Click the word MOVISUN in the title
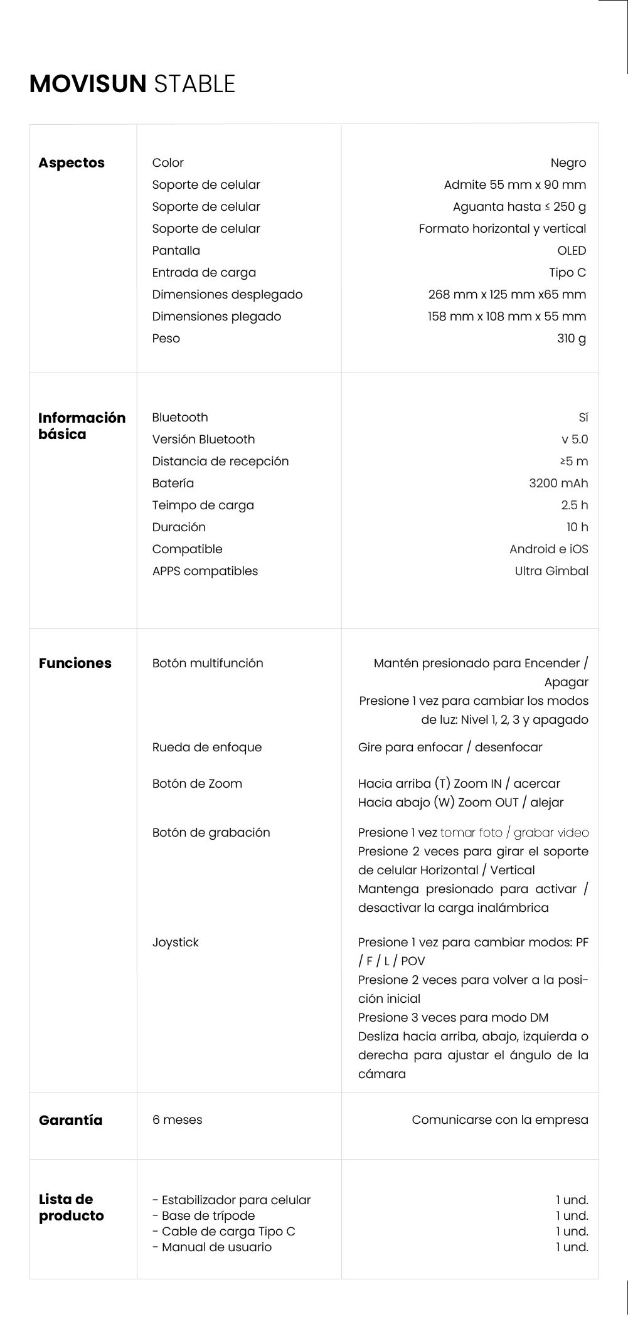(x=88, y=84)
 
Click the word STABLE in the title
(x=194, y=84)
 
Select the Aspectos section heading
(x=72, y=163)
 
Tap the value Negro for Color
(x=568, y=163)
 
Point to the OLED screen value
(x=572, y=251)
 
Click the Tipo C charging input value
(x=567, y=273)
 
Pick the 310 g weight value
(x=571, y=339)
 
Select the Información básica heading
(x=82, y=426)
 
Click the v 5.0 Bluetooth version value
(x=575, y=440)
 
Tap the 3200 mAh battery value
(x=558, y=484)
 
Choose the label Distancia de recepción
(x=220, y=462)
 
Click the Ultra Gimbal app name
(x=551, y=571)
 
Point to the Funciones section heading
(x=75, y=664)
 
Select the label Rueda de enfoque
(x=207, y=748)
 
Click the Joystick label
(x=175, y=943)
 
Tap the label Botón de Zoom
(x=197, y=784)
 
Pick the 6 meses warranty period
(x=177, y=1120)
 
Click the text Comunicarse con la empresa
(x=500, y=1120)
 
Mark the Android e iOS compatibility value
(x=549, y=549)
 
